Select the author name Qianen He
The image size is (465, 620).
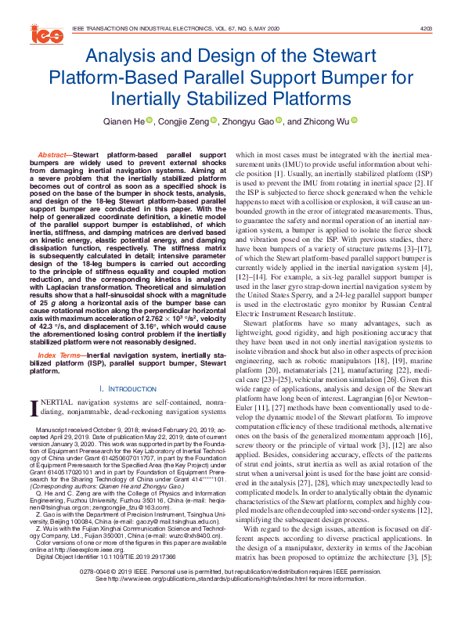tap(127, 121)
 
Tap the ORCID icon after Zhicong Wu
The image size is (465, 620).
tap(354, 121)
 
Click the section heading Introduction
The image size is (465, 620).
tap(128, 389)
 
